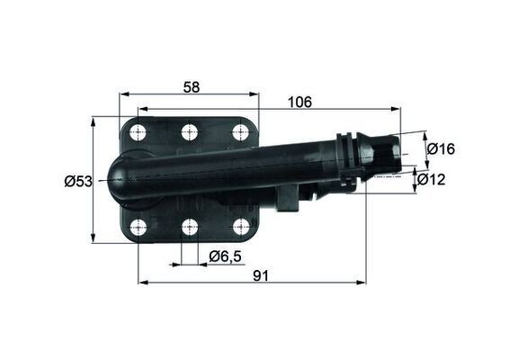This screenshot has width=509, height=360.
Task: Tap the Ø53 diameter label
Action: coord(78,181)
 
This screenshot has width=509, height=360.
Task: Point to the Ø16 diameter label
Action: coord(441,148)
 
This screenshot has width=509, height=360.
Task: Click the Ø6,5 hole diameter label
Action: coord(225,256)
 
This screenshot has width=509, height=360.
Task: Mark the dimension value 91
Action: coord(262,276)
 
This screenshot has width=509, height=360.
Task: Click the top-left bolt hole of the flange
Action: coord(138,133)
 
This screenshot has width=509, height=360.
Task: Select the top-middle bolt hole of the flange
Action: coord(189,132)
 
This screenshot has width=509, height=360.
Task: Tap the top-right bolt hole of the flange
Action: coord(240,132)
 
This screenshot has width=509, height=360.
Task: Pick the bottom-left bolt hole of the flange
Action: coord(138,227)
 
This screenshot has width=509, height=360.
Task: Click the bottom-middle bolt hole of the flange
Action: coord(189,227)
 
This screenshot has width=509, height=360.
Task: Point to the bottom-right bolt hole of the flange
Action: coord(240,227)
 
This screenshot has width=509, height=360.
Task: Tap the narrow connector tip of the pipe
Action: coord(388,153)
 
